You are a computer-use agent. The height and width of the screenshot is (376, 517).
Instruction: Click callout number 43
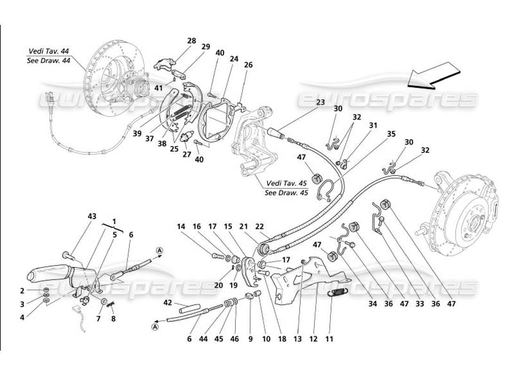(92, 216)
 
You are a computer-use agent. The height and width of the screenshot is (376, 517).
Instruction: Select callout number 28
(191, 41)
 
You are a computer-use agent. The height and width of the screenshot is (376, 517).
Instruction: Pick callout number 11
(329, 338)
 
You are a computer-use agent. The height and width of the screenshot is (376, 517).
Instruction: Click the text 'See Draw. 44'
(48, 61)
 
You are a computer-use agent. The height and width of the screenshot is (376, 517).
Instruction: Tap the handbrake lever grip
(49, 275)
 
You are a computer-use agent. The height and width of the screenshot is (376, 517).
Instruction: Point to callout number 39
(137, 133)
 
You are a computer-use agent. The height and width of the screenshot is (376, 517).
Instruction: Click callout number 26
(248, 65)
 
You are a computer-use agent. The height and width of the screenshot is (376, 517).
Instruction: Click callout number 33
(419, 304)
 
